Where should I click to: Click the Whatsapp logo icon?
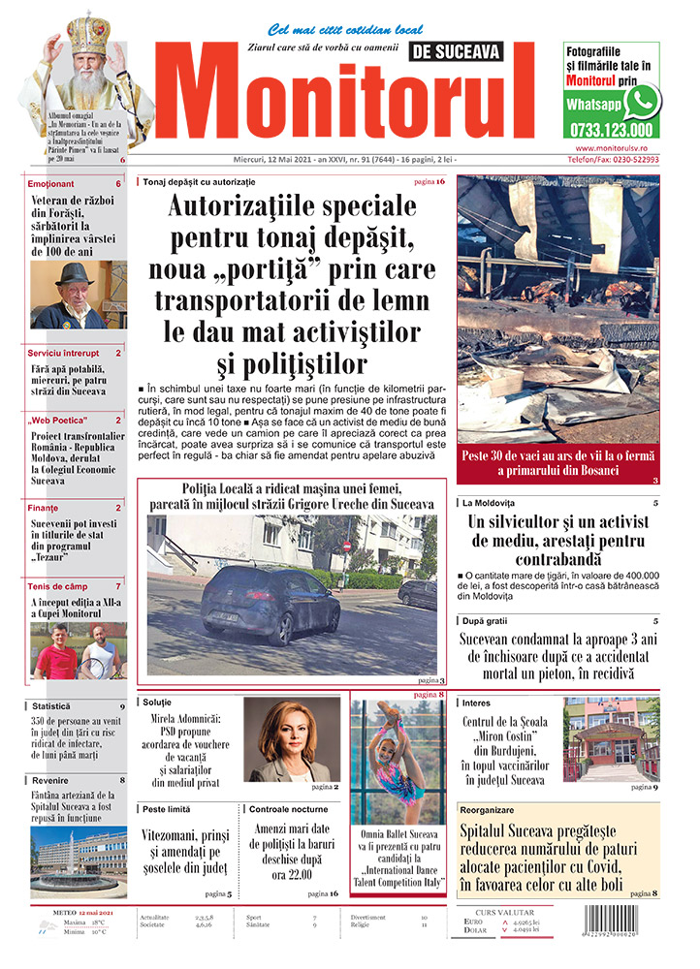642,101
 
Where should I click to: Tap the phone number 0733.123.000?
612,130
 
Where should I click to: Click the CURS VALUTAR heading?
505,912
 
